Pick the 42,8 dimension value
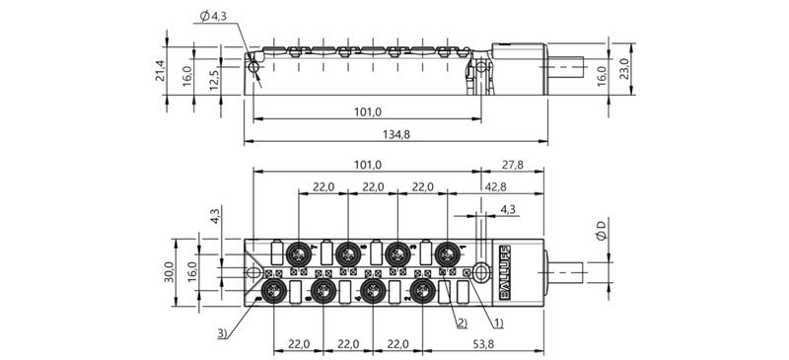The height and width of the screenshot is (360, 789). tap(496, 186)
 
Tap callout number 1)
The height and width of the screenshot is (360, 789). tap(499, 323)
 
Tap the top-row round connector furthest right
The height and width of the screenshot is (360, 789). tap(449, 252)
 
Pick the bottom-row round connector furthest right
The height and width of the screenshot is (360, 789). tap(424, 290)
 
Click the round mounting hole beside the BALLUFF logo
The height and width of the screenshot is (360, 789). tap(480, 271)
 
